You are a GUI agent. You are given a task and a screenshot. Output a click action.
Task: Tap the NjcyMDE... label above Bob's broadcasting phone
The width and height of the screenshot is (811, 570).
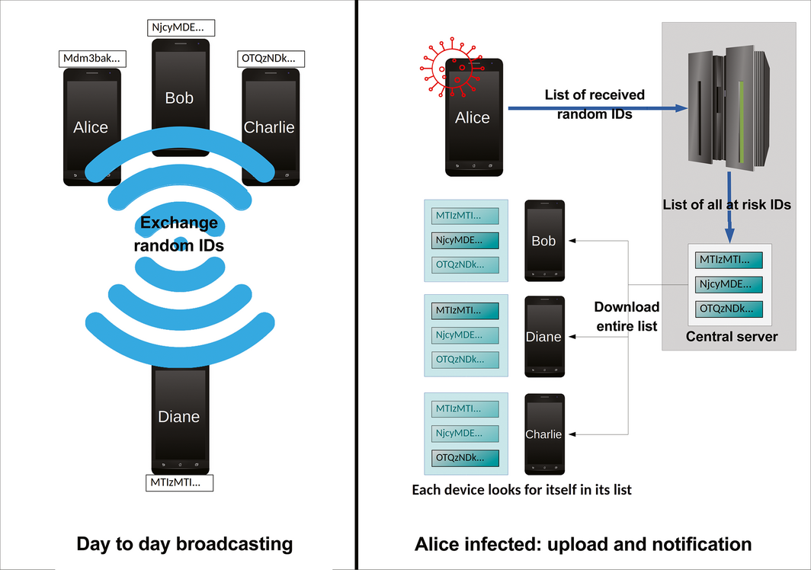(x=181, y=28)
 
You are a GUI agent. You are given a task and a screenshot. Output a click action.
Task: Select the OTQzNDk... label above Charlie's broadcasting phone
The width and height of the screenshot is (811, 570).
(x=272, y=59)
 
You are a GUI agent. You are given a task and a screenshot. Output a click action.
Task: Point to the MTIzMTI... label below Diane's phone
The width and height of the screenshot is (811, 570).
(x=180, y=482)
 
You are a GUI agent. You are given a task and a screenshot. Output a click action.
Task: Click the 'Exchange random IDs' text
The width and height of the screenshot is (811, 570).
(x=179, y=235)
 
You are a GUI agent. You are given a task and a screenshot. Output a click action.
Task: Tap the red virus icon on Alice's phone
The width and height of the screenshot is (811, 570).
(x=449, y=69)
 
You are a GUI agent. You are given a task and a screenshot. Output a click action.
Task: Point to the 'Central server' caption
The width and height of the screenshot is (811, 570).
(x=732, y=336)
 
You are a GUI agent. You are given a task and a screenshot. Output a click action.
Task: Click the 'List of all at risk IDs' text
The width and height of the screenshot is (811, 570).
(x=726, y=204)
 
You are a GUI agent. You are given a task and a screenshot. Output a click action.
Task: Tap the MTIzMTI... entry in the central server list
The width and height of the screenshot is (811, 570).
(x=730, y=260)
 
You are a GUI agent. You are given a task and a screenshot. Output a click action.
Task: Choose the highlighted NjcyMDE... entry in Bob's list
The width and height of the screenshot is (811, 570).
(x=465, y=241)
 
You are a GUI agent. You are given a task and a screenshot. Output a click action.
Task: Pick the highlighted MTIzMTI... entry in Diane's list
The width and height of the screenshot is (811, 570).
(x=465, y=311)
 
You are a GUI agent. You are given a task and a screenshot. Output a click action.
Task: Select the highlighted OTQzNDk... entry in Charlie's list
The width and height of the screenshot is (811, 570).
(x=465, y=458)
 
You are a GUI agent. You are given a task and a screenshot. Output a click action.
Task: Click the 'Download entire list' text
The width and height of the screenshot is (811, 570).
(x=627, y=315)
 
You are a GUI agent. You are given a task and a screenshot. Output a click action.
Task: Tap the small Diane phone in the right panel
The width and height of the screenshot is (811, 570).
(x=544, y=337)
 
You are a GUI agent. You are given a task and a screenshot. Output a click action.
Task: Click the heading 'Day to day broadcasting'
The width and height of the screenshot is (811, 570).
(x=184, y=544)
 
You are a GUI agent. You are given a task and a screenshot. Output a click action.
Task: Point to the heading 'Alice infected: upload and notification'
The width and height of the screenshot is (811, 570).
(x=583, y=544)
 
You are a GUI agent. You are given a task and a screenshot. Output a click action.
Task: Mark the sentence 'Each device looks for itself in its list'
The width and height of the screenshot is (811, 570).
(x=521, y=489)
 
